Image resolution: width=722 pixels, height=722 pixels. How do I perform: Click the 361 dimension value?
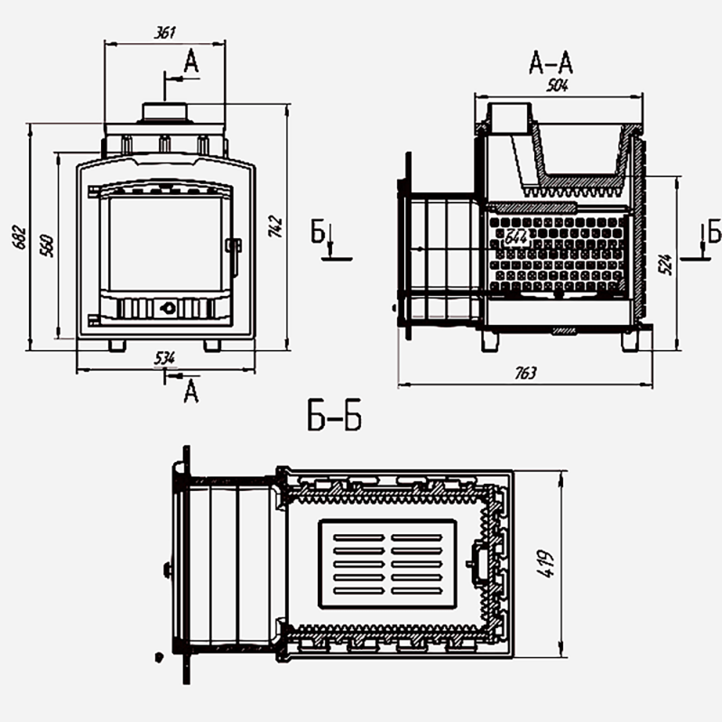164,32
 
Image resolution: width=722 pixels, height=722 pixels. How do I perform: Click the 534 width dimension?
164,357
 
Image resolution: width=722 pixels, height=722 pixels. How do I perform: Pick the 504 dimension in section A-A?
560,86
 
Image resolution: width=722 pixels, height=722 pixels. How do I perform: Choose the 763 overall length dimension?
525,373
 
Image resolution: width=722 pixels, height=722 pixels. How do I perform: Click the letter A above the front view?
190,62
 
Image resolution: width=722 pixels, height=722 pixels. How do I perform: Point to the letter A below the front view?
190,391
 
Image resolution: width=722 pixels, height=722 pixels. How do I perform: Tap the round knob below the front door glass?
166,307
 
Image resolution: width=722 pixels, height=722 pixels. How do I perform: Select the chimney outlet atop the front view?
164,112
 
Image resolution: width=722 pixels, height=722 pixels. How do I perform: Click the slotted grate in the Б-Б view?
388,565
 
